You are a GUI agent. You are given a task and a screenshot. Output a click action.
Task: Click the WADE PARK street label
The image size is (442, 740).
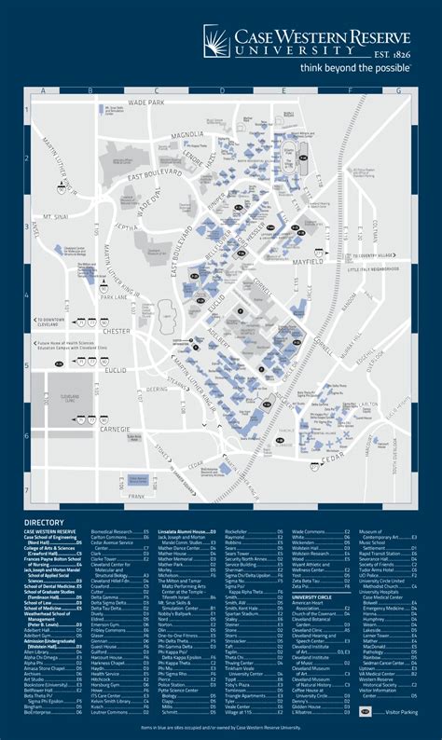(146, 102)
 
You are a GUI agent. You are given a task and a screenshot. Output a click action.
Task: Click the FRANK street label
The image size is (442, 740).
(137, 498)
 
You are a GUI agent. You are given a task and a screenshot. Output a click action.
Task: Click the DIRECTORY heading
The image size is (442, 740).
(45, 523)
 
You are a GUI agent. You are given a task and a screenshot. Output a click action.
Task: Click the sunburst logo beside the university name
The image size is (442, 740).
(220, 42)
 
